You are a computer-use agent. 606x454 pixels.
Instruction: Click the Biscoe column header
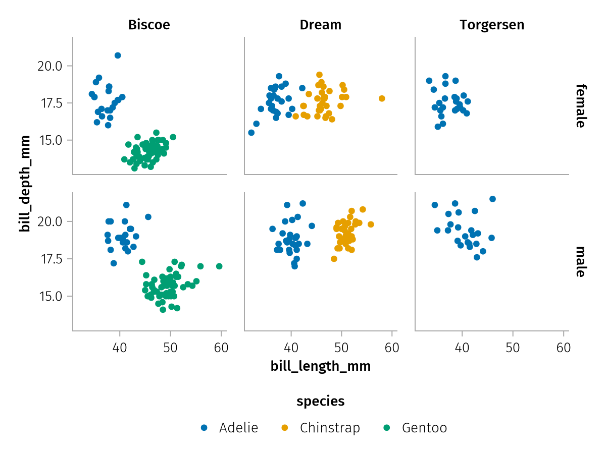(x=149, y=25)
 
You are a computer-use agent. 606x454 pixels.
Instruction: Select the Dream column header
(x=320, y=25)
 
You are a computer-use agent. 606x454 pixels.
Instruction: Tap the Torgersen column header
(x=492, y=25)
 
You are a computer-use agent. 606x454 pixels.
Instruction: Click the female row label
(x=580, y=105)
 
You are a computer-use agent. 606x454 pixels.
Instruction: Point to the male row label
(x=580, y=261)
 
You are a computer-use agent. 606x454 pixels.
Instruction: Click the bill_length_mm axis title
(x=321, y=366)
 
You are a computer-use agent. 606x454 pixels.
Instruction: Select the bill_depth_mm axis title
(x=25, y=184)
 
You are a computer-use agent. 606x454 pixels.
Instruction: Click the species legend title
(x=321, y=401)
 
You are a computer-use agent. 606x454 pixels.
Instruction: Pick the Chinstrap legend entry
(x=322, y=428)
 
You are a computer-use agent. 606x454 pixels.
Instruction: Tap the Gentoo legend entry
(x=417, y=428)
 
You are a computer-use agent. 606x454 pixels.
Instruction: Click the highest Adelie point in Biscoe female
(x=118, y=55)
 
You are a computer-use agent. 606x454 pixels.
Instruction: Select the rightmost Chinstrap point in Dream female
(x=382, y=98)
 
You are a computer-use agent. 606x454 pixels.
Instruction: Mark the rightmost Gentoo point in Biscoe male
(x=219, y=266)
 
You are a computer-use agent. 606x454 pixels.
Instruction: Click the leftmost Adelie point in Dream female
(x=251, y=133)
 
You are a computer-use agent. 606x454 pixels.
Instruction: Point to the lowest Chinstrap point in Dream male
(x=334, y=259)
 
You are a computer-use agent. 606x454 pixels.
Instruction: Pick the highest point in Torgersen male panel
(x=492, y=199)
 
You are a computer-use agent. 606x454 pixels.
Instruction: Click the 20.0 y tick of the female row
(x=49, y=66)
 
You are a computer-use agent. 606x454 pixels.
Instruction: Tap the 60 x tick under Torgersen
(x=564, y=348)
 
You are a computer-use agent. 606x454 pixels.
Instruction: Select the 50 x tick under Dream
(x=341, y=348)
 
